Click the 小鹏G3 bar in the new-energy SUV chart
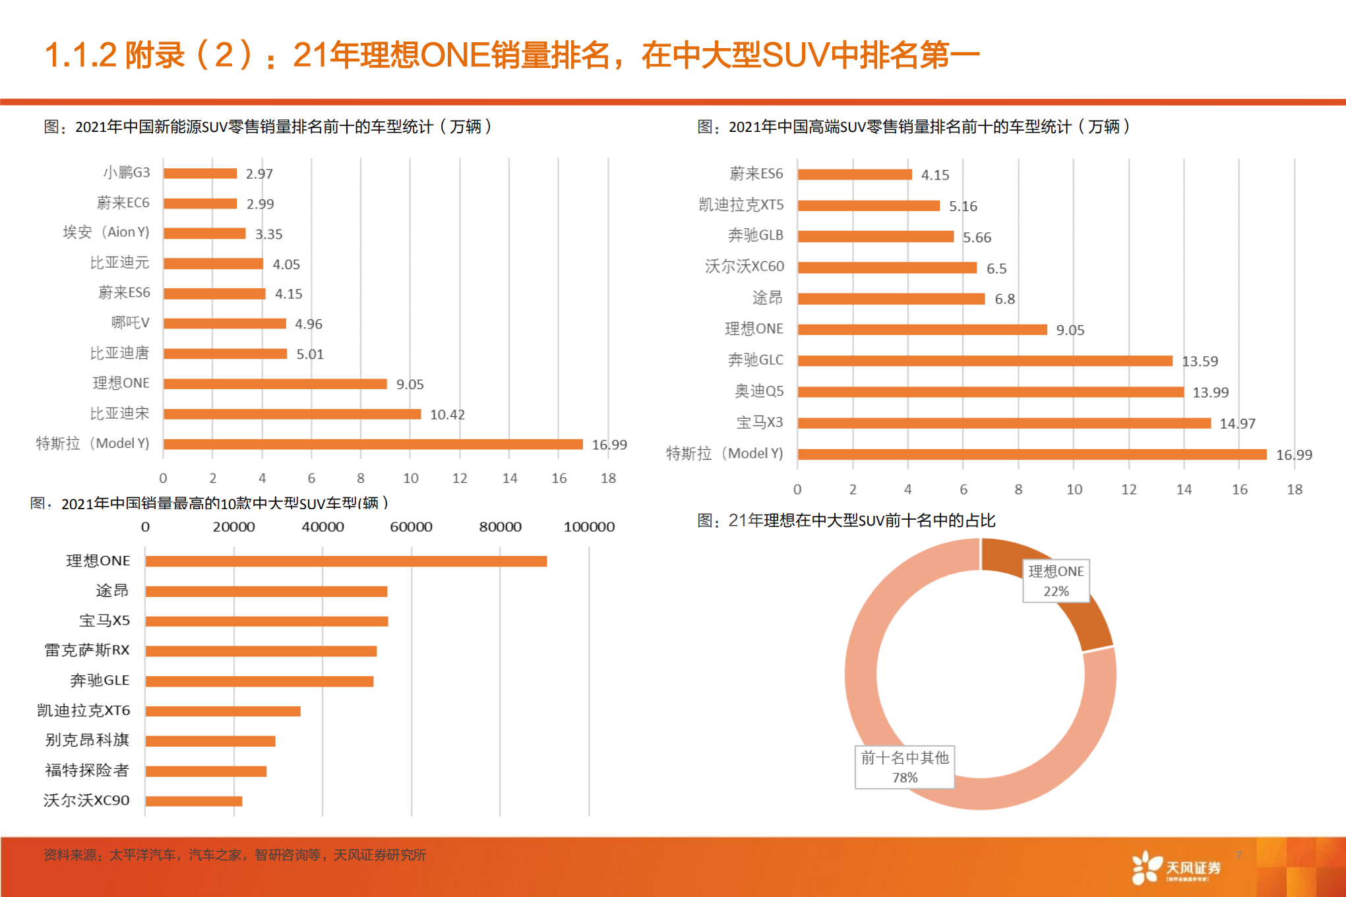click(x=200, y=173)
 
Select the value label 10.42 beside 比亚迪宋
click(x=447, y=414)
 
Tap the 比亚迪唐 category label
click(x=120, y=354)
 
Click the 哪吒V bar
click(x=224, y=323)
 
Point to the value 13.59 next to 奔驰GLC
click(x=1200, y=361)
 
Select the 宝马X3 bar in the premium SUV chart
click(x=1004, y=423)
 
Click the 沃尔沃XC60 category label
click(x=745, y=266)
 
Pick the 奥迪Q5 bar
click(x=991, y=392)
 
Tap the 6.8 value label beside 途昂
click(x=1004, y=299)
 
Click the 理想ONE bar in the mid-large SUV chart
click(x=346, y=561)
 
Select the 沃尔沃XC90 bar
click(x=194, y=801)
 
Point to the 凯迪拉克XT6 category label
click(x=84, y=710)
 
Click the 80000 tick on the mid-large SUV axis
click(x=500, y=527)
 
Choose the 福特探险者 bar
click(x=206, y=771)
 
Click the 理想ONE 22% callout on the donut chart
click(x=1055, y=580)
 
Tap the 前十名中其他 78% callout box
click(x=904, y=767)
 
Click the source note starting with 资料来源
click(x=235, y=855)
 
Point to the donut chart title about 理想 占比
click(x=846, y=520)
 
